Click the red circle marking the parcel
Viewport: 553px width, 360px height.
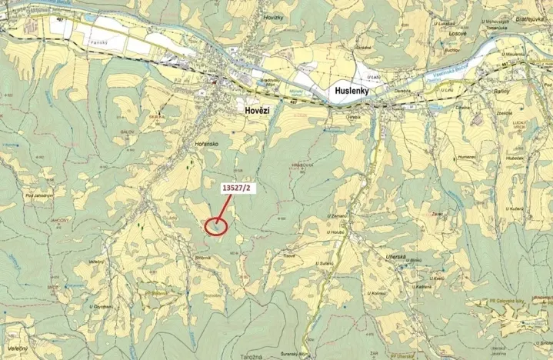217,226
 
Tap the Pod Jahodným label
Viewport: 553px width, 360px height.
39,196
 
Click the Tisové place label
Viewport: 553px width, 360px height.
289,256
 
